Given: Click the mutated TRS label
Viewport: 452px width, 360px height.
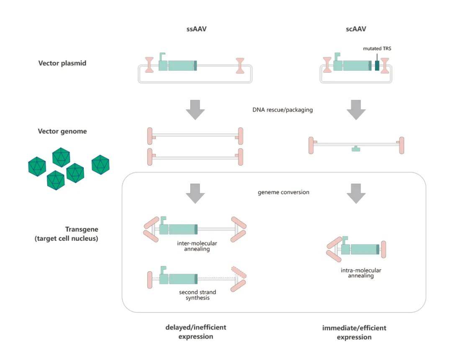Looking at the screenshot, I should [x=377, y=49].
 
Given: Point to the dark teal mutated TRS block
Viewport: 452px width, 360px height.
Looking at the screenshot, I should [x=377, y=65].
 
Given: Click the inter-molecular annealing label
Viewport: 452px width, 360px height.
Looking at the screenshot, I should [x=193, y=246].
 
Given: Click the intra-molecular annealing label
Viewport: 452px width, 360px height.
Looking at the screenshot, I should [x=355, y=273].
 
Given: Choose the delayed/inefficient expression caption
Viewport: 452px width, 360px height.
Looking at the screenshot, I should [x=195, y=332].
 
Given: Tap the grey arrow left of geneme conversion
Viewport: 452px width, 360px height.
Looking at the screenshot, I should [x=195, y=192].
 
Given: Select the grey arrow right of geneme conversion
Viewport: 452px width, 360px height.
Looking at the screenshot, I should [x=356, y=192].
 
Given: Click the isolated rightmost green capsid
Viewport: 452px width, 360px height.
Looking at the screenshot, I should [x=100, y=164].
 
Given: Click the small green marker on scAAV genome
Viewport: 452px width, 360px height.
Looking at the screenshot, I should [x=356, y=148].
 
